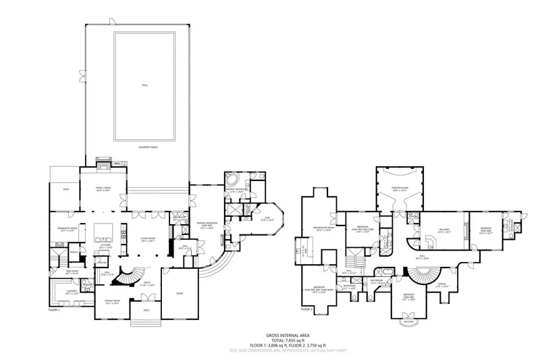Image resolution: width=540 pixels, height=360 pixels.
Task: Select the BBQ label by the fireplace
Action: coord(117,163)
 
